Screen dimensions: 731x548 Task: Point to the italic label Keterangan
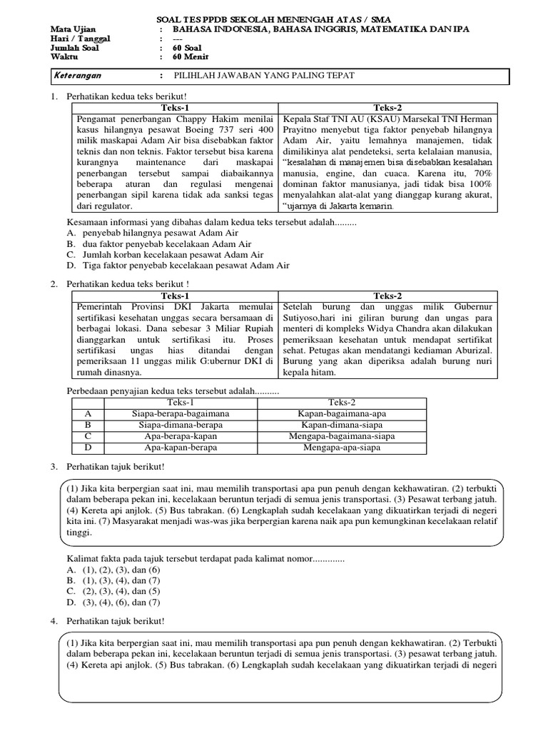point(78,76)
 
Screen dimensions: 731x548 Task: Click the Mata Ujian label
point(73,28)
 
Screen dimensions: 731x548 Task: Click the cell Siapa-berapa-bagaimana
point(181,413)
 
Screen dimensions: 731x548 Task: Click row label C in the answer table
point(88,436)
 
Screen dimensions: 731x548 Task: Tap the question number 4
point(54,622)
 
